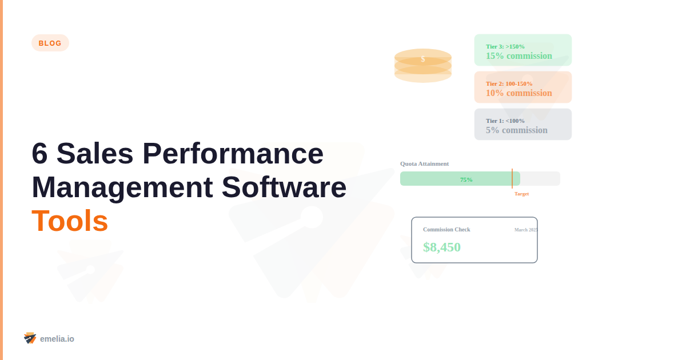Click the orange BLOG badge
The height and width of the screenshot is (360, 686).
(50, 43)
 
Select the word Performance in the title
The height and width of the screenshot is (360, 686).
(233, 154)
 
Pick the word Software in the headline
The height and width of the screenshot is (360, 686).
(284, 187)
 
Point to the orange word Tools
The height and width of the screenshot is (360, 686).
(70, 221)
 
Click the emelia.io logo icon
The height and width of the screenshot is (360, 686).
(30, 338)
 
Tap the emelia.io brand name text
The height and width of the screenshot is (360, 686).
(57, 339)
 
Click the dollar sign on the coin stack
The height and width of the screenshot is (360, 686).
(423, 59)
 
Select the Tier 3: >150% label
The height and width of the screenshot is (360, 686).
(505, 46)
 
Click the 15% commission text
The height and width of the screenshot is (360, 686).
(519, 56)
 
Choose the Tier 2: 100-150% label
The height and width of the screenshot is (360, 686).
(509, 83)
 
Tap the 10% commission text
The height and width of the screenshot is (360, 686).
(519, 93)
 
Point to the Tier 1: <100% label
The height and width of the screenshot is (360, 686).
(505, 121)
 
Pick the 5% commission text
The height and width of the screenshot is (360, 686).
(517, 130)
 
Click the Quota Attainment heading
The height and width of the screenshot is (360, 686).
(424, 163)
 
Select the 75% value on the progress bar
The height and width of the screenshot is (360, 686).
(466, 179)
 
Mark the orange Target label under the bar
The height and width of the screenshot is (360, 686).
(521, 194)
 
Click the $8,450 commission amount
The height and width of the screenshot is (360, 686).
(442, 247)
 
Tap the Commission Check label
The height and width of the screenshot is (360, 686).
(446, 230)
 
